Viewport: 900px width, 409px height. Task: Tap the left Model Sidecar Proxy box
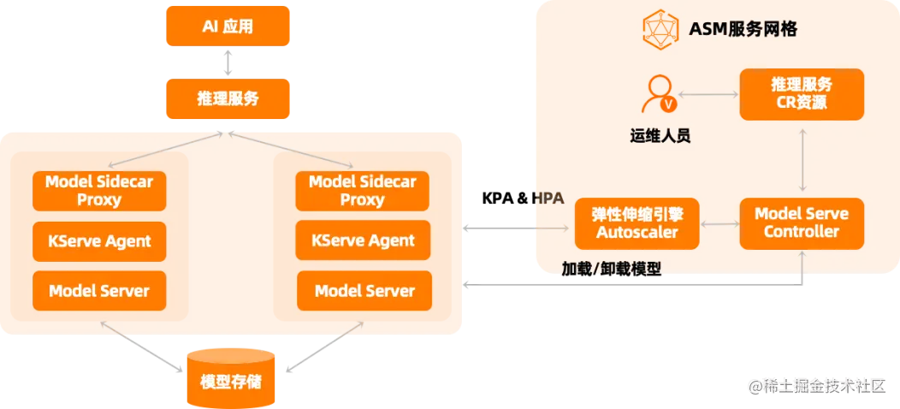(x=99, y=190)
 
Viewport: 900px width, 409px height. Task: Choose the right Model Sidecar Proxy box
(x=363, y=190)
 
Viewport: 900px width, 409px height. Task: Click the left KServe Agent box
(x=99, y=240)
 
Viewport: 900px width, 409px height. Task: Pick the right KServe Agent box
(x=363, y=240)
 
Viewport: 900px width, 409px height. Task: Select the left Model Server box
(x=99, y=291)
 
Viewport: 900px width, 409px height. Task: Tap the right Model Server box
(x=364, y=291)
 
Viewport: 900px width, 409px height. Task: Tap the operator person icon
(x=660, y=93)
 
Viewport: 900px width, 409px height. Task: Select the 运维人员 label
(x=660, y=135)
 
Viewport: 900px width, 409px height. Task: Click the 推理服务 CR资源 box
(x=802, y=94)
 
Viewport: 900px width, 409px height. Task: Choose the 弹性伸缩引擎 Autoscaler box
(x=637, y=223)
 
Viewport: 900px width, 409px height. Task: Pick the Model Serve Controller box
(x=802, y=223)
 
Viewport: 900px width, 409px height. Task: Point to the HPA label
(x=548, y=199)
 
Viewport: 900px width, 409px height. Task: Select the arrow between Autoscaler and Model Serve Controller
(x=719, y=223)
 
